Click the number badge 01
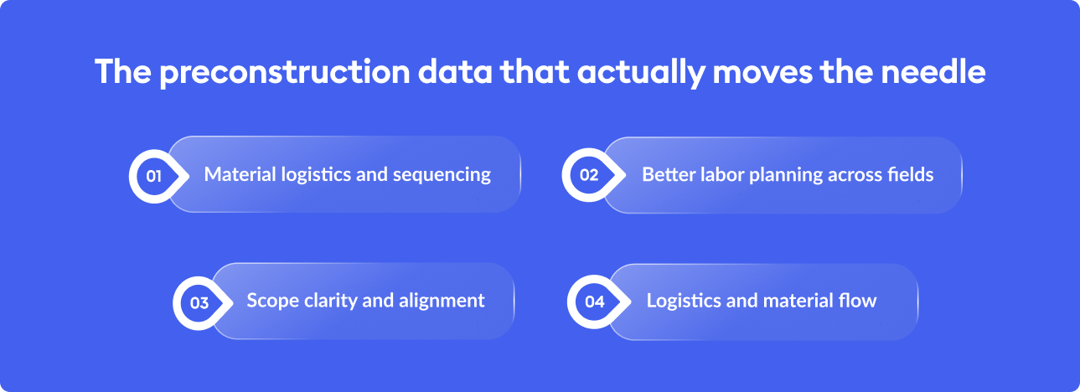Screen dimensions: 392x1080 coord(153,176)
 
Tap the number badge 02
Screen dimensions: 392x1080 coord(589,176)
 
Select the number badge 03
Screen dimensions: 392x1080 coord(199,302)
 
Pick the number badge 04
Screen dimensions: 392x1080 coord(594,302)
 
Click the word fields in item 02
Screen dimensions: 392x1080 coord(911,174)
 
